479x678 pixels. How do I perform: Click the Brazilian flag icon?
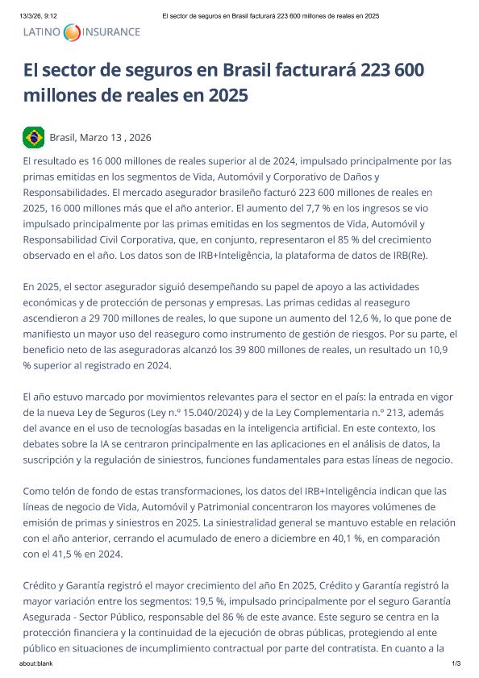click(33, 137)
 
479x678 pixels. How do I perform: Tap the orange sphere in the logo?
click(72, 32)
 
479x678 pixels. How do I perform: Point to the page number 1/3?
click(456, 663)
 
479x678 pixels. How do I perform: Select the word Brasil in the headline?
click(240, 69)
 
